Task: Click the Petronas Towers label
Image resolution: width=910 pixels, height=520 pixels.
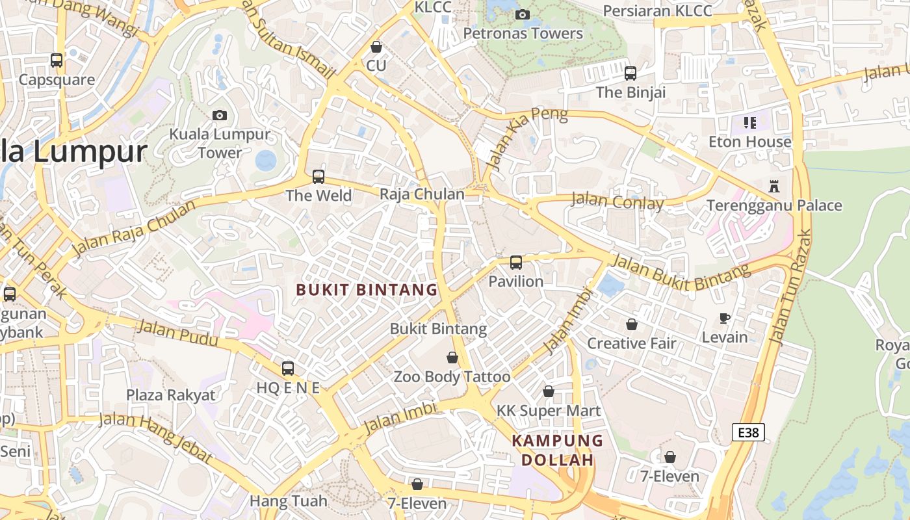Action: (523, 33)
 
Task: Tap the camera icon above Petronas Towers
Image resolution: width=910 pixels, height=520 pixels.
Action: (522, 14)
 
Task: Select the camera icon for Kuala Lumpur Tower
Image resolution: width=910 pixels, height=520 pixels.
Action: (220, 115)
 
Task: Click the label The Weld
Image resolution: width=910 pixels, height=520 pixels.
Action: (318, 195)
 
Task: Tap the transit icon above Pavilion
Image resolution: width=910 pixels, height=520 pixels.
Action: (516, 263)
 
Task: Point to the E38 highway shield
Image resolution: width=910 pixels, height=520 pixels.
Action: (748, 432)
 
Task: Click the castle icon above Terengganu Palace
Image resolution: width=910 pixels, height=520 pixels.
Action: (773, 186)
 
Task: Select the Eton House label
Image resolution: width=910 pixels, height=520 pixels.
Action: (750, 142)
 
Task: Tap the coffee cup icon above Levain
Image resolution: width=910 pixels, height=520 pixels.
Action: (725, 318)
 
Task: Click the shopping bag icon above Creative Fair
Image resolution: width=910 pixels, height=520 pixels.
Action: (632, 324)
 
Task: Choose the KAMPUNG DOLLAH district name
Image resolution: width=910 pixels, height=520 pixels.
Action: (558, 450)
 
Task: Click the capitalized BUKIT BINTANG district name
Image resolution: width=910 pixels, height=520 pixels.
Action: (367, 290)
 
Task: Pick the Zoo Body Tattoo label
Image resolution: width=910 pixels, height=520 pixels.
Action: (452, 376)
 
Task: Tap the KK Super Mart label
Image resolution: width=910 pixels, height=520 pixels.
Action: (549, 411)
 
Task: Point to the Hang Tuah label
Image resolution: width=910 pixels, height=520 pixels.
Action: (288, 501)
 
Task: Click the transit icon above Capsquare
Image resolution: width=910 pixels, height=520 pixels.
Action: (57, 60)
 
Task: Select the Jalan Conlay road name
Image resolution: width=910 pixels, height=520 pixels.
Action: (617, 201)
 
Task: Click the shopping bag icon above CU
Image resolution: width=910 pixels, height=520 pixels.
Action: (376, 47)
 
